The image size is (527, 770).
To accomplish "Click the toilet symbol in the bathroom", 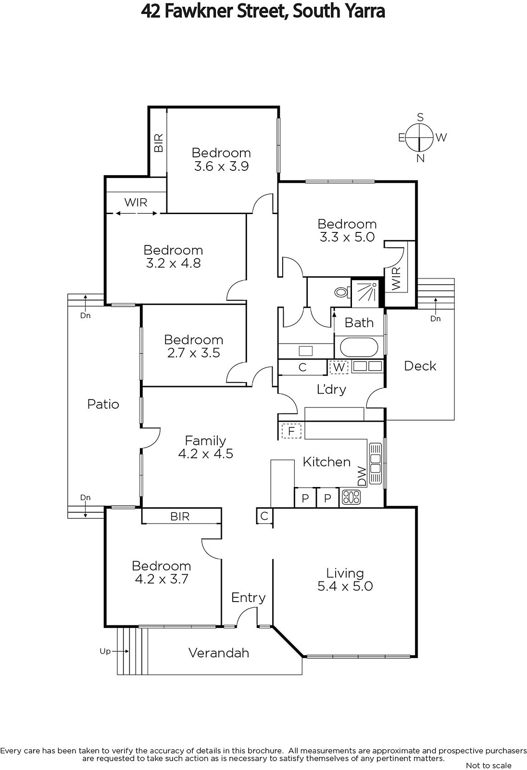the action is coord(341,293).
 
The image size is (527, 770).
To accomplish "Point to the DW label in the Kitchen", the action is coord(362,476).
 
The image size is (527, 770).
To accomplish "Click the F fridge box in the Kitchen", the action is coord(291,431).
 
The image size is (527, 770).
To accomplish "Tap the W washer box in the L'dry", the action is coord(339,367).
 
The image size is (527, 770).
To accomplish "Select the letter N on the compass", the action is coord(420,158).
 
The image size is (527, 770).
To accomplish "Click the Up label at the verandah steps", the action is coord(105,651).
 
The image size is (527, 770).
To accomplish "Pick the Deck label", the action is coord(420,366).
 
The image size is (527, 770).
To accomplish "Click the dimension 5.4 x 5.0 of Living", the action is coord(345,586).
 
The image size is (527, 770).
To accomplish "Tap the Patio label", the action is coord(103,404).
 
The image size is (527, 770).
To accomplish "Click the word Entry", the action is coord(249,598).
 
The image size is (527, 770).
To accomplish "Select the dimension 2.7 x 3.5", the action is coord(193,353).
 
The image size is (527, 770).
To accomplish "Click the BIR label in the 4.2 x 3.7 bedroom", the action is coord(180,516).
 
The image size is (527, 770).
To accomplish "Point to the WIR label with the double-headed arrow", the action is coord(136,203).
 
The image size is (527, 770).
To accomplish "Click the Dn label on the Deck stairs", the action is coord(435,319).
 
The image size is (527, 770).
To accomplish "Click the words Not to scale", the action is coord(489,766).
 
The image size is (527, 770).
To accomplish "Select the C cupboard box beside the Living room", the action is coord(264,516).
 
